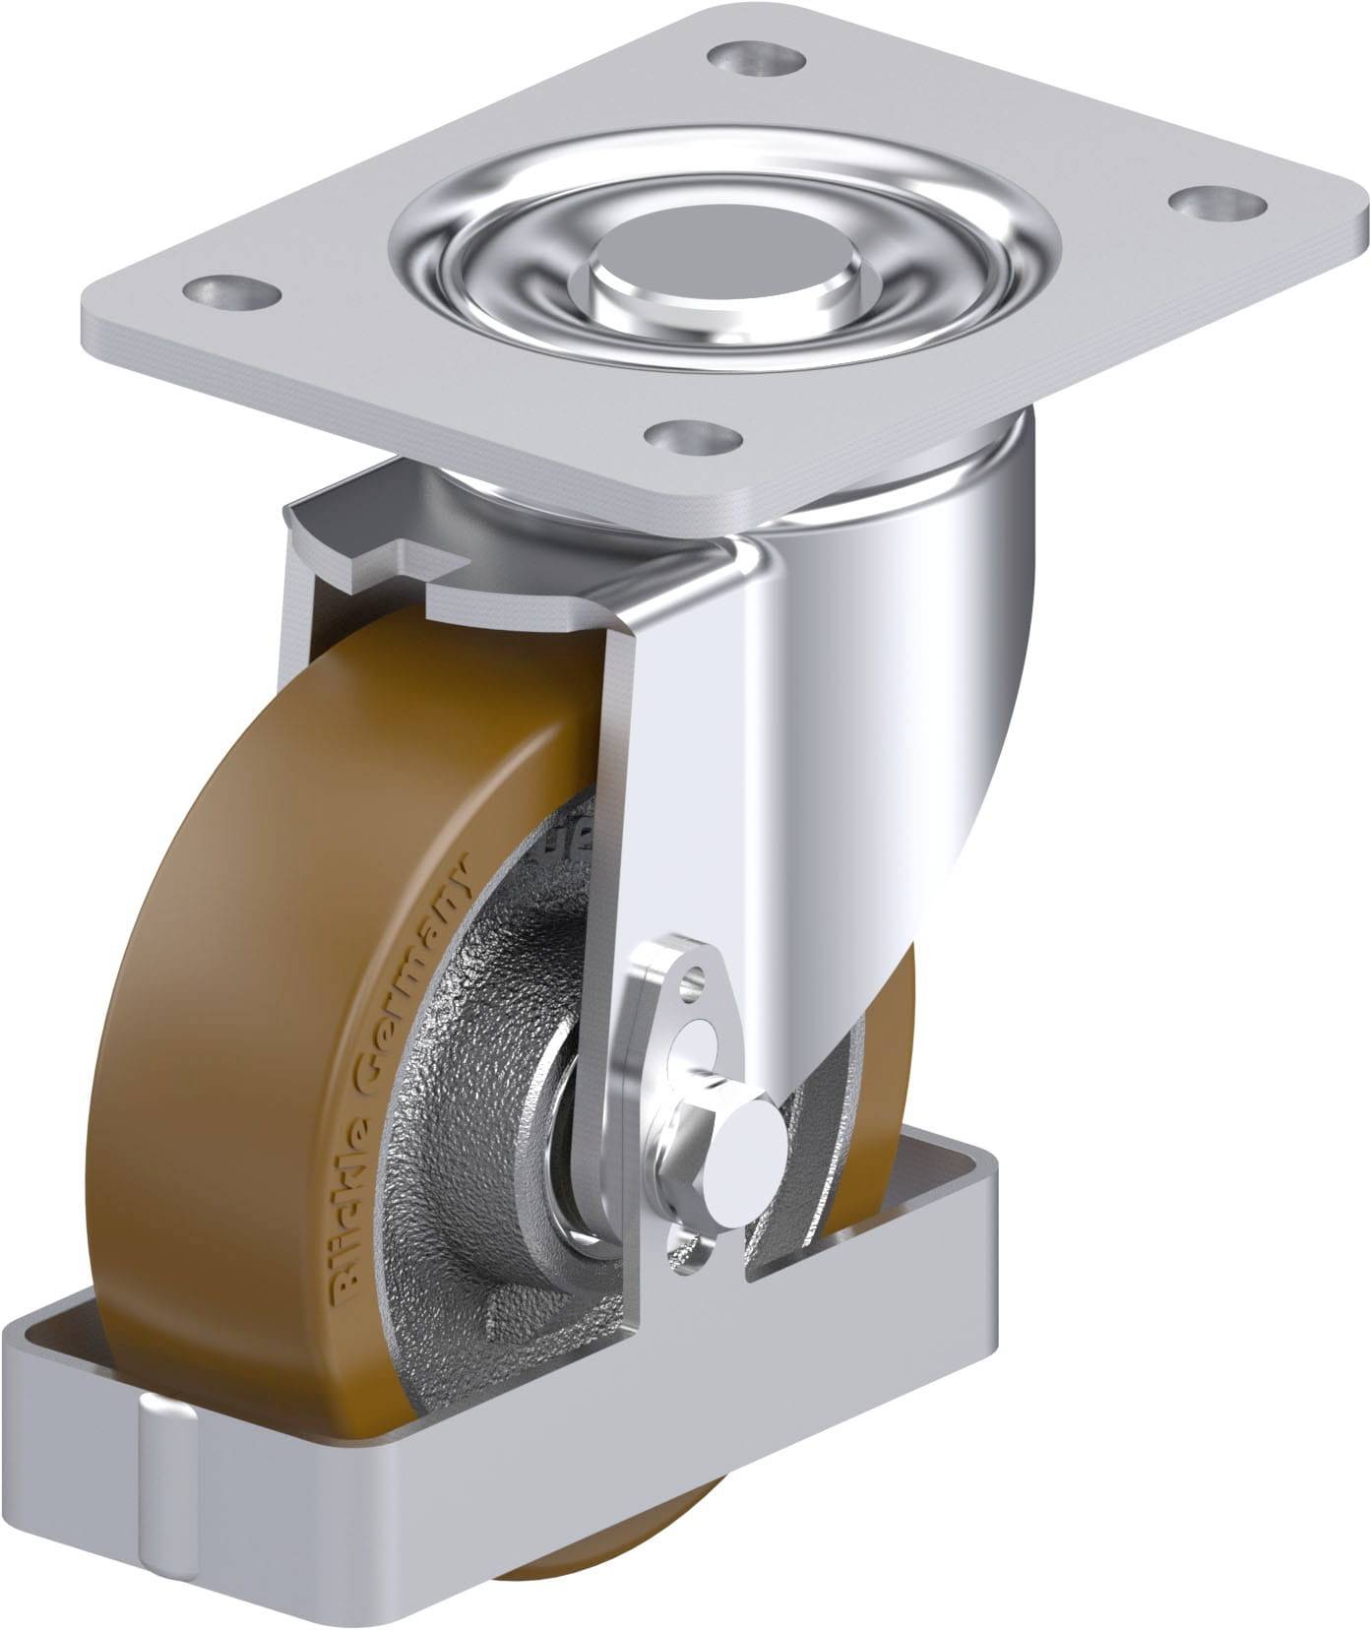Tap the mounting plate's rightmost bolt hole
[1206, 203]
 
